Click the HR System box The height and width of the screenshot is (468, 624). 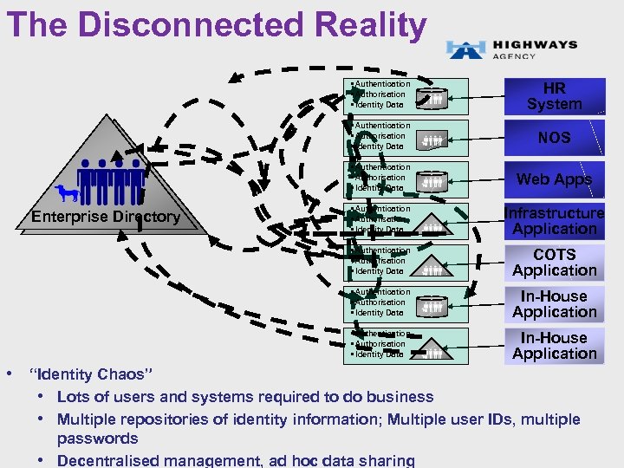(554, 96)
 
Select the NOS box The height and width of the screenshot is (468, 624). (554, 138)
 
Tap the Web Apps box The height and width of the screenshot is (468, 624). (554, 179)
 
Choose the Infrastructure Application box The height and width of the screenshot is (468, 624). (554, 221)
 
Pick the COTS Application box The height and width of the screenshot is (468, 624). (554, 263)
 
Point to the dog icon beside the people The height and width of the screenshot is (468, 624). (66, 193)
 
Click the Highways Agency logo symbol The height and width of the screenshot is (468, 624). (465, 49)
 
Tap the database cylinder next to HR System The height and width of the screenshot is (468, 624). (433, 97)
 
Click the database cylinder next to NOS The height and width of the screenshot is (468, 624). (433, 139)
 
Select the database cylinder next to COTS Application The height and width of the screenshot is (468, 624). (433, 263)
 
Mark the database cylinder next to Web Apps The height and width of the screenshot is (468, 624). (433, 180)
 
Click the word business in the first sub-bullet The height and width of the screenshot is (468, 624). (396, 397)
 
